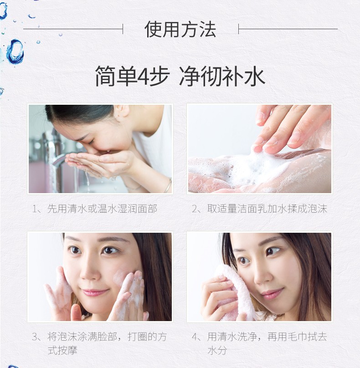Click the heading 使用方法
coord(180,29)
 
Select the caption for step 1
coord(94,209)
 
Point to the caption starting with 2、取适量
coord(259,209)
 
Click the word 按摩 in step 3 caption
coord(67,351)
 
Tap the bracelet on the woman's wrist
coord(167,185)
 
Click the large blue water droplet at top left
coord(15,51)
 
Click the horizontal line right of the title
coord(288,29)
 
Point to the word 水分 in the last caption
coord(217,351)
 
